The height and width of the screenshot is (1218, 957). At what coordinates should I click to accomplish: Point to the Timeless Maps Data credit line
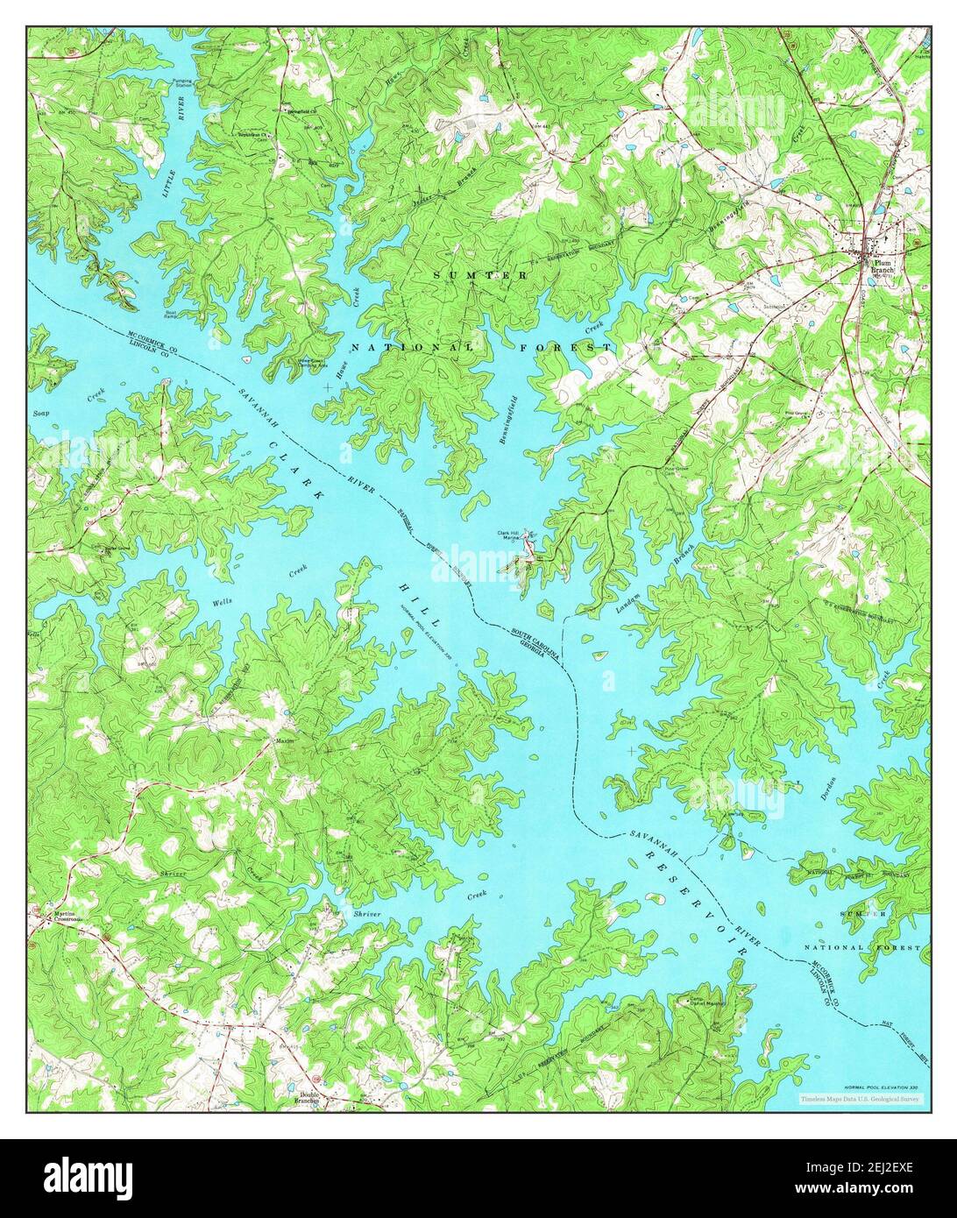pos(859,1097)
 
